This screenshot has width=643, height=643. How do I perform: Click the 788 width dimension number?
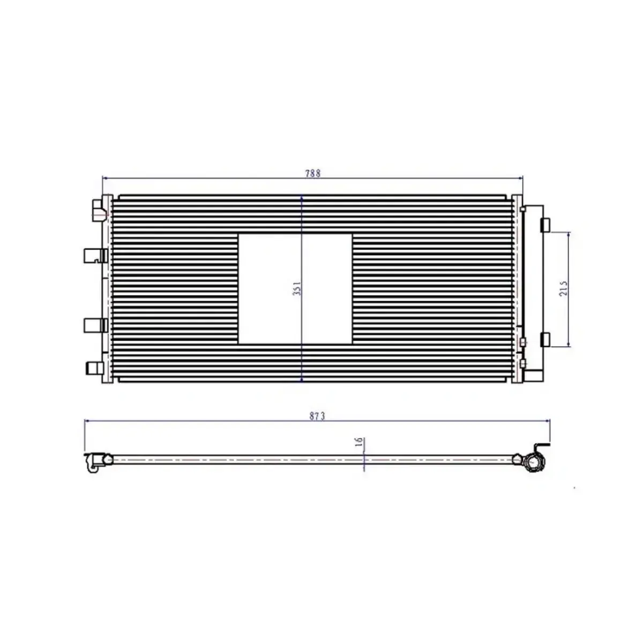(313, 173)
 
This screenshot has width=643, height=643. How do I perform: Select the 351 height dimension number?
(298, 288)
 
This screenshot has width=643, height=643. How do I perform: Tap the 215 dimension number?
(563, 289)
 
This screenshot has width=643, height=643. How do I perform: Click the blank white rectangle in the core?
(295, 288)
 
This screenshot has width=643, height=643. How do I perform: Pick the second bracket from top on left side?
(95, 256)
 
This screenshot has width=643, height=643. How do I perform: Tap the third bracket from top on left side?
(95, 325)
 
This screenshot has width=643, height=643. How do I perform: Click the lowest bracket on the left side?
(95, 368)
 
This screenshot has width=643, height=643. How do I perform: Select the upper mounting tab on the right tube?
(545, 225)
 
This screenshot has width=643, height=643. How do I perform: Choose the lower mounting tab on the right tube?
(545, 339)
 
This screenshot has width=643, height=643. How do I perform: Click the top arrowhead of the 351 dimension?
(302, 198)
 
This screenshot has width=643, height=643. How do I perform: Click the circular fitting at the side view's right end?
(534, 461)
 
